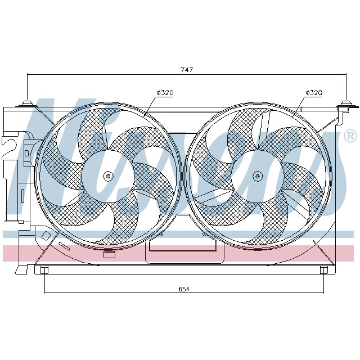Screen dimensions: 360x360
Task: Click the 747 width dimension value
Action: tap(186, 70)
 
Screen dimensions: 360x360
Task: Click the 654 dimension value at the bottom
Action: tap(183, 289)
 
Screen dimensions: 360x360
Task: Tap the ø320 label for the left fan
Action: tap(164, 92)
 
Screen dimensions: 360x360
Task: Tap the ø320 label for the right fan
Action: tap(313, 92)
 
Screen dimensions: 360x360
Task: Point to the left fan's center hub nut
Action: tap(109, 177)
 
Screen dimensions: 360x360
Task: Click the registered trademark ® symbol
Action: tap(349, 136)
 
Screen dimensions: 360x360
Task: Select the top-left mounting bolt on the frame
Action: tap(26, 104)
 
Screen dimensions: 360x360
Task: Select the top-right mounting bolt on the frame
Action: tap(345, 104)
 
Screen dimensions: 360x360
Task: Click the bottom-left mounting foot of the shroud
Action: tap(44, 271)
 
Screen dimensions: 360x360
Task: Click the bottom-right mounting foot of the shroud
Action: tap(323, 271)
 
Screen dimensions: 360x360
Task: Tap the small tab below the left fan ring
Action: tap(110, 255)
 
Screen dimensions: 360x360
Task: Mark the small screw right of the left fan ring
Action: tap(161, 234)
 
